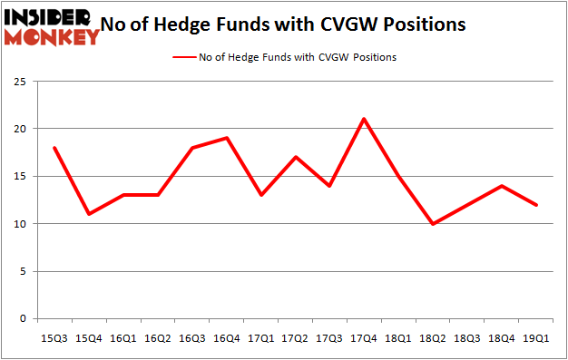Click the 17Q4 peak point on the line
pos(364,119)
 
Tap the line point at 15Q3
pos(54,148)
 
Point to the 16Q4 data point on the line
pos(226,138)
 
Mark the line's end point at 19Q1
pos(537,205)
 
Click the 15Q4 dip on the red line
pos(88,214)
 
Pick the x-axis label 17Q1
pos(260,338)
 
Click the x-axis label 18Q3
pos(468,338)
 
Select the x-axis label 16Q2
pos(157,338)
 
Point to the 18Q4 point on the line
pos(503,186)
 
